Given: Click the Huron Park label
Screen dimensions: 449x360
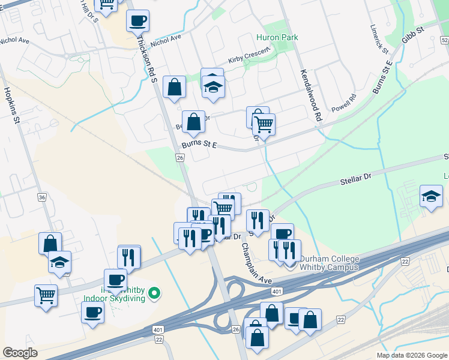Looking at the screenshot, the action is click(277, 37).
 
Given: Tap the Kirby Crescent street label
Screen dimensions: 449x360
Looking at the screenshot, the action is click(250, 59).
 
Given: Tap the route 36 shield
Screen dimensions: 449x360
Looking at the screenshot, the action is click(41, 197).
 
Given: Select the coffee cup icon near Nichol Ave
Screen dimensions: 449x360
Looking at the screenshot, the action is click(137, 20).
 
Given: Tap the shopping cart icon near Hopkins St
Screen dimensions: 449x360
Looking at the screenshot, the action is click(46, 295).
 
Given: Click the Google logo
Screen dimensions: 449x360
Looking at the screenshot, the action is click(20, 352).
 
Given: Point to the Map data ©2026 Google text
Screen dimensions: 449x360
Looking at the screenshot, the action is click(411, 355).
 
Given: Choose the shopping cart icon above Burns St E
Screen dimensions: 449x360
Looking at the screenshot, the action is click(264, 124).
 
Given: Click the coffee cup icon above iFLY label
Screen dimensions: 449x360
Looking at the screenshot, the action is click(115, 279).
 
